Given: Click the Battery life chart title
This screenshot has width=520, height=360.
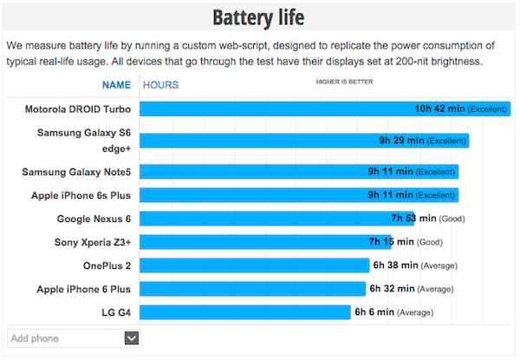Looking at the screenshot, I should (259, 17).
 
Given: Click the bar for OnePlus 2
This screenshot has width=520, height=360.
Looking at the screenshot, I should (255, 265).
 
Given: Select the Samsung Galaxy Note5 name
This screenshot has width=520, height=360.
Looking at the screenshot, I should (76, 172).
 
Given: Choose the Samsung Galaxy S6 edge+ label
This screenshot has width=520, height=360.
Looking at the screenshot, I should (84, 141).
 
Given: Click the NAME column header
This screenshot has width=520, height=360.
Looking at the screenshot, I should (116, 85).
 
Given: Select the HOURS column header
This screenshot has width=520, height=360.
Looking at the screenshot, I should (160, 85).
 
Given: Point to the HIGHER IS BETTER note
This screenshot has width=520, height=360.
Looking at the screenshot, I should (345, 83).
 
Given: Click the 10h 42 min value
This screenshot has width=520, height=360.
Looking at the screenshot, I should (439, 109).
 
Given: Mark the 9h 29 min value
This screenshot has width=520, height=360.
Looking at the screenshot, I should (401, 141).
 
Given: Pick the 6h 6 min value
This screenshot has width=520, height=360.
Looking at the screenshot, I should (374, 312).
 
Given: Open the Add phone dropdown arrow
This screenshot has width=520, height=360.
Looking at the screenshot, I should (132, 337).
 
